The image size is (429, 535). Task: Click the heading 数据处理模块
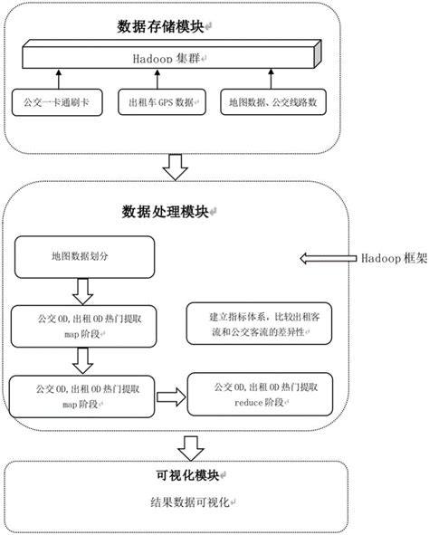[166, 211]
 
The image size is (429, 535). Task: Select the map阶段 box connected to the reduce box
[81, 393]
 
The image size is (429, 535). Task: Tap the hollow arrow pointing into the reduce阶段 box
[170, 395]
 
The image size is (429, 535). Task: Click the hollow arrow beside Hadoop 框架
[329, 258]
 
